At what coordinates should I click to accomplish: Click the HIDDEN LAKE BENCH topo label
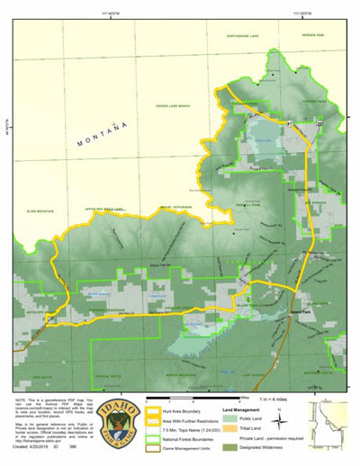pos(172,105)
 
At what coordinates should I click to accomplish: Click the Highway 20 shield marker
pos(319,121)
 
